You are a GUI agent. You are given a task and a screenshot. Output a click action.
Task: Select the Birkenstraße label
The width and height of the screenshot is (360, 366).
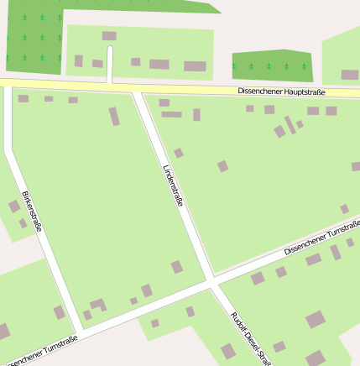tap(31, 211)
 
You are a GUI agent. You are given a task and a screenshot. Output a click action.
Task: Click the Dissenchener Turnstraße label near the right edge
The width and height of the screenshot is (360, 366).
tap(321, 239)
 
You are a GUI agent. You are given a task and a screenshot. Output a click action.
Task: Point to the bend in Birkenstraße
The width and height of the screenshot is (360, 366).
tap(9, 151)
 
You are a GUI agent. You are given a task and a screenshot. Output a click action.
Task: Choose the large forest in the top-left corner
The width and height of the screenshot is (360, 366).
tap(34, 38)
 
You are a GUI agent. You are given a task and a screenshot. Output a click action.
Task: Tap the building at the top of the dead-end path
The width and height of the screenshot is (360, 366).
tap(109, 36)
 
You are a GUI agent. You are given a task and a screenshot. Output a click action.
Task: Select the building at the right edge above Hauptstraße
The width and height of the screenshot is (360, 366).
tap(349, 75)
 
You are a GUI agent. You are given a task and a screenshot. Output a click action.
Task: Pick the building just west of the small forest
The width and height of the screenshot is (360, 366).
tap(195, 66)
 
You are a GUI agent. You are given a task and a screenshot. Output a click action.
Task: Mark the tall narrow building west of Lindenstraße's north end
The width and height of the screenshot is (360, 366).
tap(114, 116)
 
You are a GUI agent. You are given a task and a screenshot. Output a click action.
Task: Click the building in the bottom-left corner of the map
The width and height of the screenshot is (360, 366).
tap(3, 331)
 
